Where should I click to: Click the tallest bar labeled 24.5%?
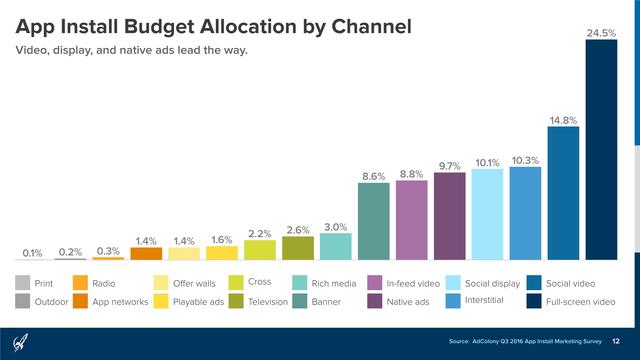click(601, 150)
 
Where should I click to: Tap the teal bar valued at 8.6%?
click(374, 221)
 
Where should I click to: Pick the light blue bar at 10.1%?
click(487, 214)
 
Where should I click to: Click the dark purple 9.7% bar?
click(449, 216)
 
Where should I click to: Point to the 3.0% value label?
click(335, 226)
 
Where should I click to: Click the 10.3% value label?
click(525, 160)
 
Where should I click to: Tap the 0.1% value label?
click(32, 253)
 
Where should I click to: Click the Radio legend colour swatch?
click(79, 283)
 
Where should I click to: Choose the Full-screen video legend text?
click(587, 301)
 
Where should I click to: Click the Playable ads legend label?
click(198, 301)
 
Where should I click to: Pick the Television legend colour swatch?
click(237, 301)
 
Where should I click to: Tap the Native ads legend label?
click(408, 301)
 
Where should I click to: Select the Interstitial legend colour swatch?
click(452, 301)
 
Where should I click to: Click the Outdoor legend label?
click(52, 301)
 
